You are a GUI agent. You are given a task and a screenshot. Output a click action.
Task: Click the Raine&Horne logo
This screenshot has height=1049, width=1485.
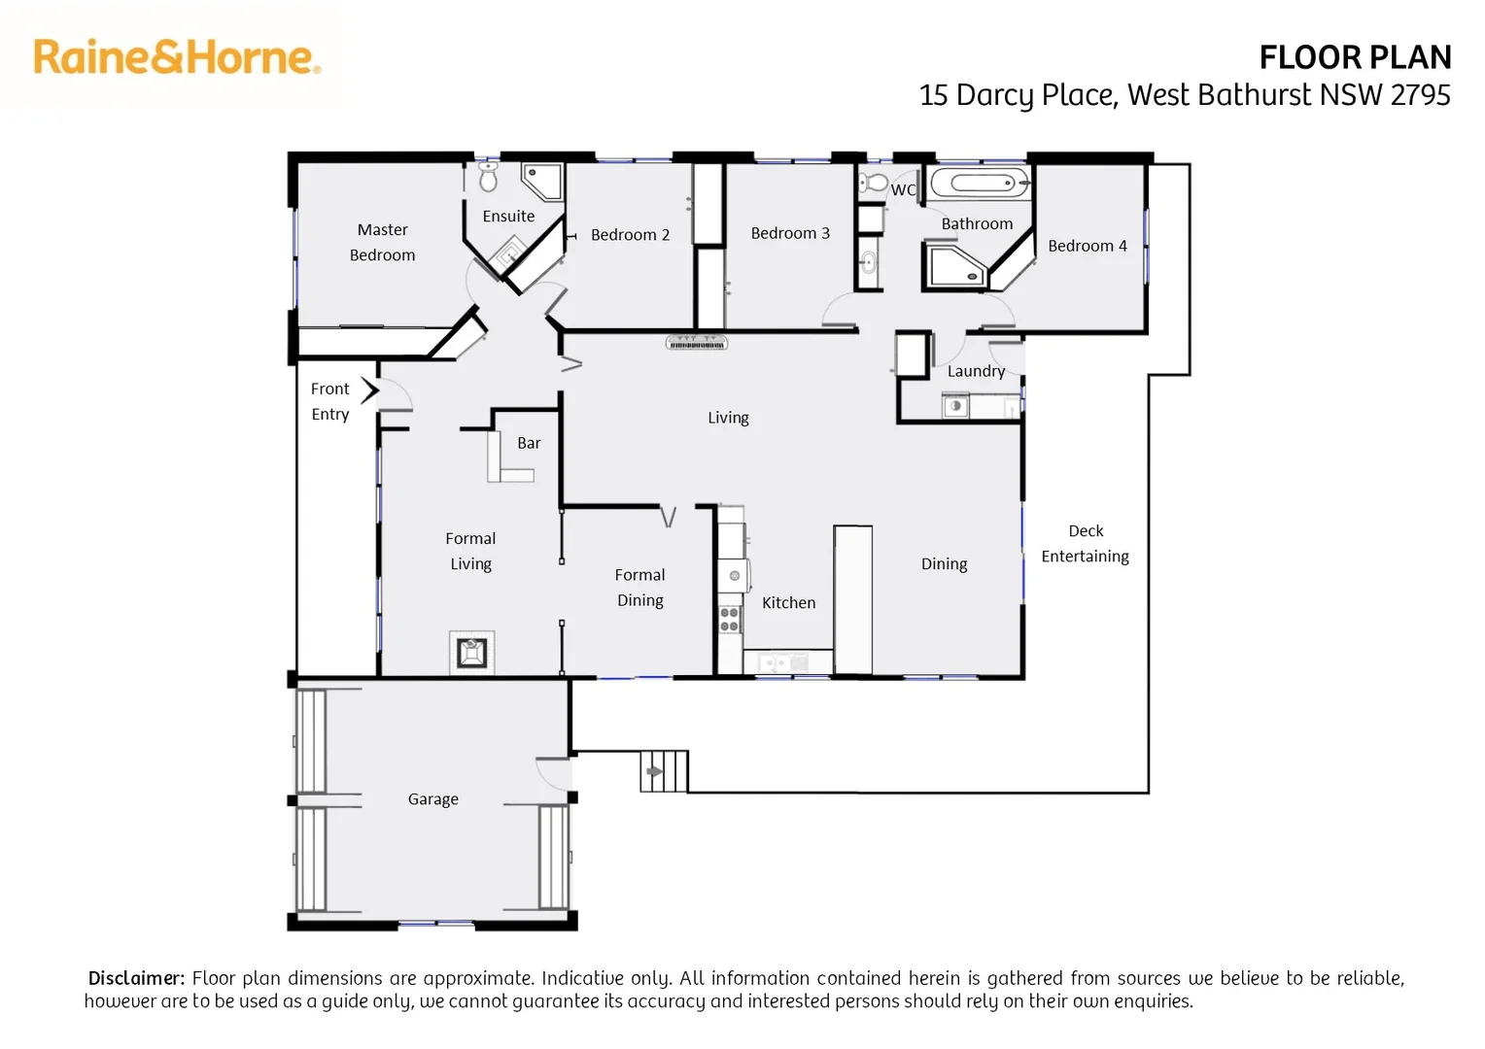pos(177,57)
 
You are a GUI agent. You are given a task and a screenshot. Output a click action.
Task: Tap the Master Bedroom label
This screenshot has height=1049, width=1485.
pos(382,243)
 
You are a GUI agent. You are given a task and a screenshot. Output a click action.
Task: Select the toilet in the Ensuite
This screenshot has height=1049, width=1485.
pos(488,178)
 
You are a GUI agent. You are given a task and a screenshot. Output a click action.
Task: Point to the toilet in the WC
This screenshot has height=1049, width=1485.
pos(874,183)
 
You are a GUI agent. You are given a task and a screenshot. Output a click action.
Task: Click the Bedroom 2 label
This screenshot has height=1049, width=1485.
pos(630,235)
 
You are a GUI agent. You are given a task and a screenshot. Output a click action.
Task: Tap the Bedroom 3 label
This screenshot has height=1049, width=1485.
pos(790,233)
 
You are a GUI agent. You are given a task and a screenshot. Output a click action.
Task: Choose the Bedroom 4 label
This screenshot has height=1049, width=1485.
pos(1087,246)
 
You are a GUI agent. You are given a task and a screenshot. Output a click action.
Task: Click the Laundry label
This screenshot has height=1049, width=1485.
pos(976,371)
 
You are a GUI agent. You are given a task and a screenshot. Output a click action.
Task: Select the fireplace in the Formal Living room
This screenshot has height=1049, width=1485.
pos(471,652)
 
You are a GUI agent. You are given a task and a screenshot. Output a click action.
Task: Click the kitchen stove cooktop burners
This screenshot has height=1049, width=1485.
pos(729,620)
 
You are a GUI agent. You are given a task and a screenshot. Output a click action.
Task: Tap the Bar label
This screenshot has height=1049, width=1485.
pos(529,443)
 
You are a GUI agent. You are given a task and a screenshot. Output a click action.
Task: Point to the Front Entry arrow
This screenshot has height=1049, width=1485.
pos(369,390)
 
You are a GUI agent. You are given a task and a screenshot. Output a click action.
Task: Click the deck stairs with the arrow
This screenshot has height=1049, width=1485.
pos(664,771)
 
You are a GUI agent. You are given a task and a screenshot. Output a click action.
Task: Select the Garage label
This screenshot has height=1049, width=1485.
pos(432,799)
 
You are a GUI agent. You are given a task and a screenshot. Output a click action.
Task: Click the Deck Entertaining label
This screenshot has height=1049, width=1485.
pos(1085,544)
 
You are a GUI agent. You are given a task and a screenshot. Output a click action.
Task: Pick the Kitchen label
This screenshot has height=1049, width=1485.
pos(788,603)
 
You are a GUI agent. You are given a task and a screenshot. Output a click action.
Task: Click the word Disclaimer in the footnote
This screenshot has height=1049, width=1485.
pos(136,978)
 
